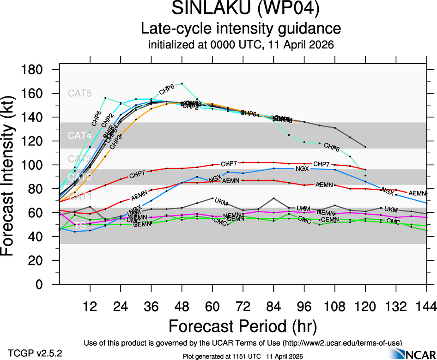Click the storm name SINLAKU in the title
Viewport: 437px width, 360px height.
tap(211, 9)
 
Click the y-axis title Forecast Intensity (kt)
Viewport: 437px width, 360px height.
tap(13, 178)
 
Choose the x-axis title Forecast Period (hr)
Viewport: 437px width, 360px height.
tap(242, 326)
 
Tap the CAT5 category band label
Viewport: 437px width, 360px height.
tap(80, 93)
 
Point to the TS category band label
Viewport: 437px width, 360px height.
tap(79, 226)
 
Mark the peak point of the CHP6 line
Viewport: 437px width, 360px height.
tap(182, 84)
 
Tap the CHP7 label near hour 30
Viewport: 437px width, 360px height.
tap(137, 175)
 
